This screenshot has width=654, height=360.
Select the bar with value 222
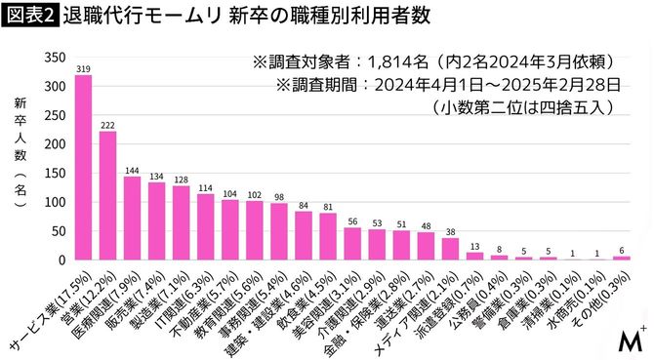[x=108, y=196]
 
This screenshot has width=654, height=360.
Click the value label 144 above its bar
[x=132, y=169]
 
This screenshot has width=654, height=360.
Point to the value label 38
[x=450, y=231]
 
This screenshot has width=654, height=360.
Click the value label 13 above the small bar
[x=474, y=246]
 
